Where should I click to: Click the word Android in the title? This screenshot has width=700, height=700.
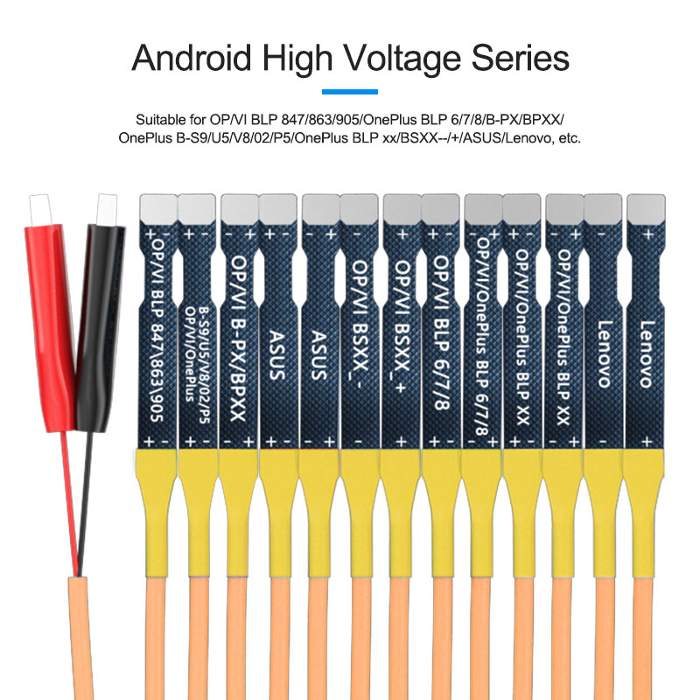[x=192, y=58]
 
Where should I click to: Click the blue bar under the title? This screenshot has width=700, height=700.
[x=350, y=92]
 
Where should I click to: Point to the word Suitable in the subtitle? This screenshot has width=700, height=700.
[x=161, y=120]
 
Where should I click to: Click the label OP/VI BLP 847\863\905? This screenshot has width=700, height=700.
[x=157, y=330]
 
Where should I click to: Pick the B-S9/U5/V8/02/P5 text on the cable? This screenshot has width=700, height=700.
[x=204, y=365]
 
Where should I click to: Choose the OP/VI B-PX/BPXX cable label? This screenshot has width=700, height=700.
[x=238, y=339]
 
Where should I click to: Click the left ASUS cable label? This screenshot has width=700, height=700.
[x=276, y=355]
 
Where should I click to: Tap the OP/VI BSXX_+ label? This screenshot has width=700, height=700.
[x=402, y=325]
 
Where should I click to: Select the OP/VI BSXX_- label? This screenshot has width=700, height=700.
[x=360, y=323]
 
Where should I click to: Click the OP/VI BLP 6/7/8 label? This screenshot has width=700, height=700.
[x=442, y=332]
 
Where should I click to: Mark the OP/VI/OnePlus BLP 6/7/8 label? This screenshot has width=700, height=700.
[x=481, y=336]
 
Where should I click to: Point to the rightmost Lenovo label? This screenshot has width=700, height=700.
[x=647, y=354]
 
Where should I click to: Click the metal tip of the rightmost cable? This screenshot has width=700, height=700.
[x=646, y=209]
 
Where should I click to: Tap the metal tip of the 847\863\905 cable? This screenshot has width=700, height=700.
[x=158, y=209]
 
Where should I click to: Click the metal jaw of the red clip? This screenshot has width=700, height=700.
[x=40, y=209]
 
